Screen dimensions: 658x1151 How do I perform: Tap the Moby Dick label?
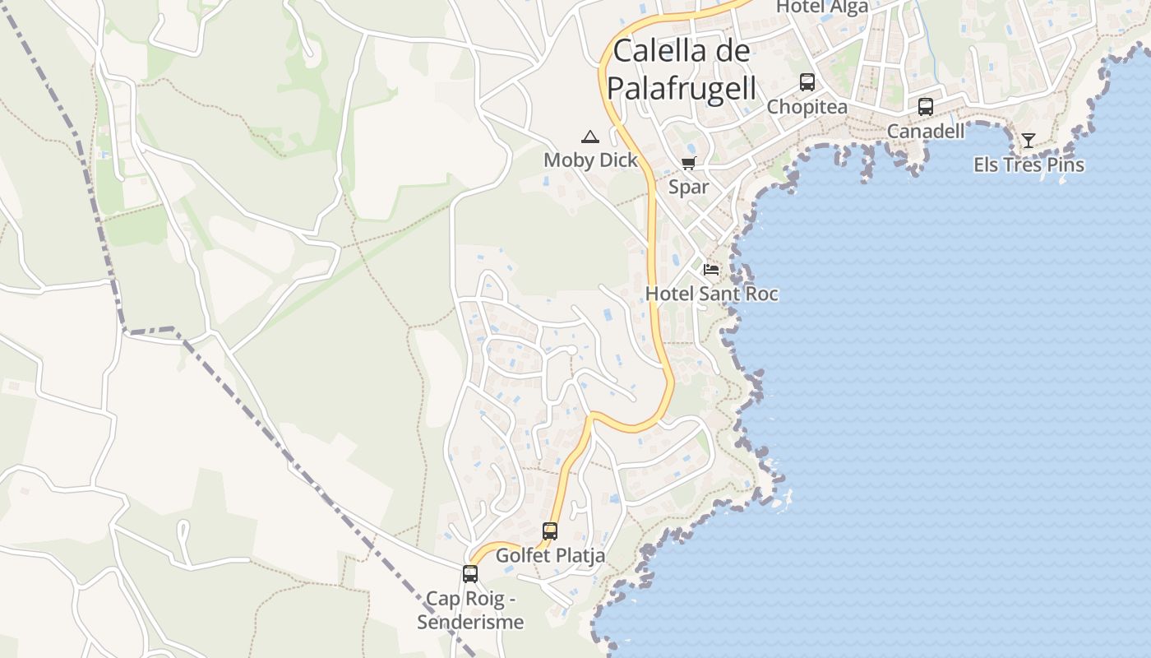point(590,160)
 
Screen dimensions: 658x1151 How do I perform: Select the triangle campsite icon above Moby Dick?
point(590,137)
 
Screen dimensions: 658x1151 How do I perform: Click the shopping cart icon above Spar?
point(689,163)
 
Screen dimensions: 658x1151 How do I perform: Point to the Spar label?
point(689,187)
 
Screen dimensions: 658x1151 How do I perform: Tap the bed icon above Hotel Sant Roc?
point(711,269)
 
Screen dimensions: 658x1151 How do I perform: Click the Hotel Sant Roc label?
point(711,294)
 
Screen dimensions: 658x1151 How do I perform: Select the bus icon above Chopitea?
point(807,82)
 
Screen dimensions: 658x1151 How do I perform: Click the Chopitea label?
point(807,107)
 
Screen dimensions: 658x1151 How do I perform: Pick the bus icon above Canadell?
point(926,106)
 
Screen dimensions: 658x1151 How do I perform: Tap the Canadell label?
point(926,131)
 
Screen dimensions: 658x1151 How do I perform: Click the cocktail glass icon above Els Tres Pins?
point(1029,140)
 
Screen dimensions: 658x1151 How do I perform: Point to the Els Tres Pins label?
point(1029,164)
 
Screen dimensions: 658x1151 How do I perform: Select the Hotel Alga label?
point(822,7)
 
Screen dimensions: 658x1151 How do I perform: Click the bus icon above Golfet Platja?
point(550,531)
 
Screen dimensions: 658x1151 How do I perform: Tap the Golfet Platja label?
point(550,555)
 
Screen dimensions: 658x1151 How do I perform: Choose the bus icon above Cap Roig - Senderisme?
point(470,574)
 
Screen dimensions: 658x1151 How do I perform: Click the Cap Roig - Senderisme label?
point(470,610)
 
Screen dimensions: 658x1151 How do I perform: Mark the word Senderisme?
point(470,622)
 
